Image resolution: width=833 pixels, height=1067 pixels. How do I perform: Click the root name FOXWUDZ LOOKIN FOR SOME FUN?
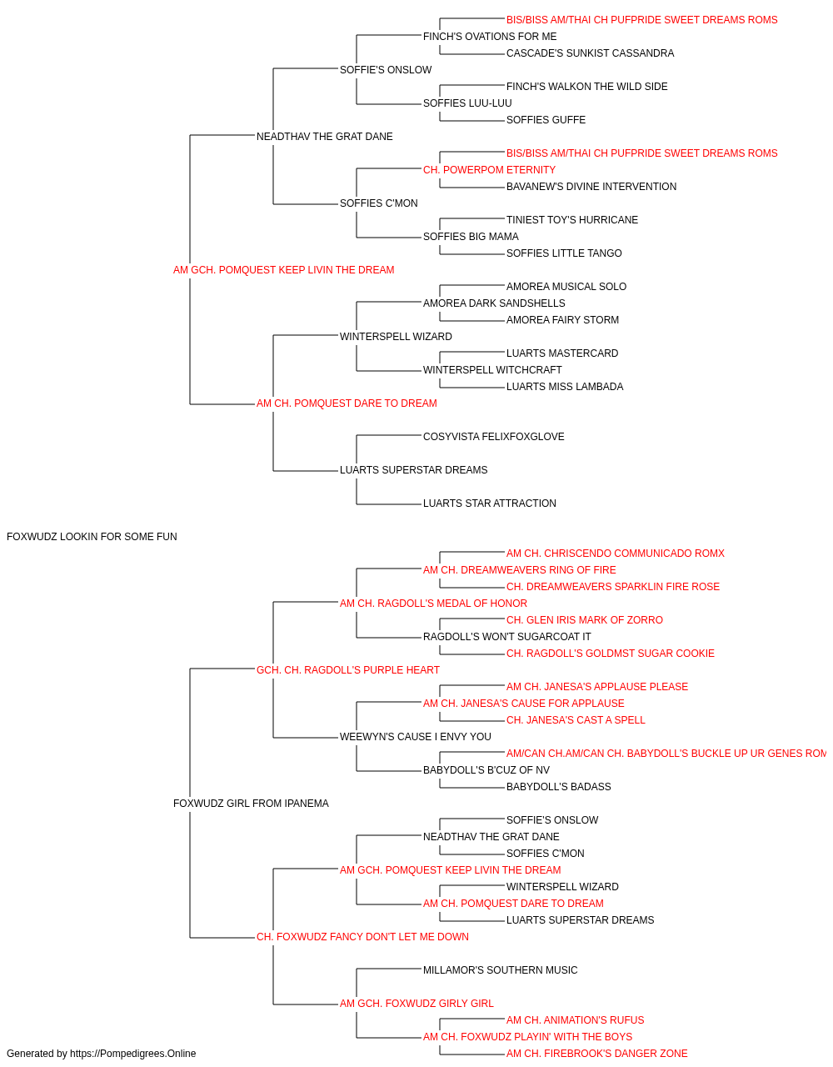pos(92,537)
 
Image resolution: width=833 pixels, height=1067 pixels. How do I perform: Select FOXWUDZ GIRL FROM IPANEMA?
pos(251,804)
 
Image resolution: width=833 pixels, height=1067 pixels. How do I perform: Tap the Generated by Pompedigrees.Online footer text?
pos(101,1054)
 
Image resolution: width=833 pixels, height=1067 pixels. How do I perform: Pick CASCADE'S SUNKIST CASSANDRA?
pos(590,53)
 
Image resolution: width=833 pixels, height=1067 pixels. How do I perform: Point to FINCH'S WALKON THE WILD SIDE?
pos(586,87)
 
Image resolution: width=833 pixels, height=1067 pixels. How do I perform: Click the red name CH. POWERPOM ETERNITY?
pos(489,170)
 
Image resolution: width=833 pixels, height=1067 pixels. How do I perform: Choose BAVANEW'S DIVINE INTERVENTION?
pos(591,187)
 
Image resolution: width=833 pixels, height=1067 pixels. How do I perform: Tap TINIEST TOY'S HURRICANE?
pos(572,220)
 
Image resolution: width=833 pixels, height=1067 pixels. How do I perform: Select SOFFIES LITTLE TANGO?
pos(564,253)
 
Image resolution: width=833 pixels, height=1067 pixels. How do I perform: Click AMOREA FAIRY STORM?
pos(562,320)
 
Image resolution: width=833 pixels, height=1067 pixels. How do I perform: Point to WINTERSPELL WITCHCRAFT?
pos(492,370)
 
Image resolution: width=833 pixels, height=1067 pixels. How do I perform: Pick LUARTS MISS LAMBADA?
pos(565,387)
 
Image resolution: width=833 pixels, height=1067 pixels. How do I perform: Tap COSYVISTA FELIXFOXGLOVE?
pos(493,437)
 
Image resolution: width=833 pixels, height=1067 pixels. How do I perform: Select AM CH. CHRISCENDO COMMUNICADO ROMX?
pos(616,554)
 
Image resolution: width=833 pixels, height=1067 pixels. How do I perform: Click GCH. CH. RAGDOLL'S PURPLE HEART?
pos(348,670)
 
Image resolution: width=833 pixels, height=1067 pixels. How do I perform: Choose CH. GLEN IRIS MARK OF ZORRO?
pos(584,620)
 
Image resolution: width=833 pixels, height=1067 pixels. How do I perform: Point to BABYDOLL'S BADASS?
pos(558,787)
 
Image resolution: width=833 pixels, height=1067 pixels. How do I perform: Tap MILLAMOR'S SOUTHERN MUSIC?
pos(500,970)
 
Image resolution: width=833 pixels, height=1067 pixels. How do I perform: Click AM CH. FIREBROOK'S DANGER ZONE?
pos(596,1054)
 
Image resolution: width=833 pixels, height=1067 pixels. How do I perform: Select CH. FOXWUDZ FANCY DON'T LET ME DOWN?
pos(362,937)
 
